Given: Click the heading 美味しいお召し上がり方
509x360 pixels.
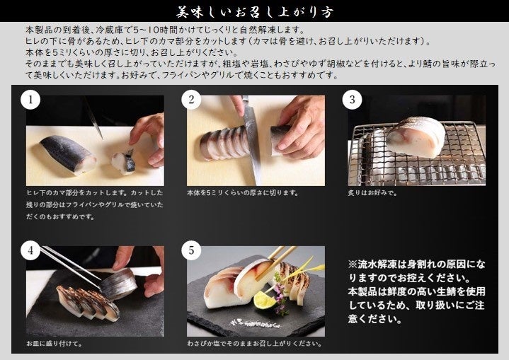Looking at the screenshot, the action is tap(255, 11).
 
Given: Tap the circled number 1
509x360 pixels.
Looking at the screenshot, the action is tap(30, 100).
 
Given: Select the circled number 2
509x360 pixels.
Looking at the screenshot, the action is tap(191, 100).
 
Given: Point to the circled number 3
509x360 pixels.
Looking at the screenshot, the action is tap(353, 100).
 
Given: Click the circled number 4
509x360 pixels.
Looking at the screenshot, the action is tap(30, 250).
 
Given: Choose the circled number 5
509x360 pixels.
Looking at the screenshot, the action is tap(191, 250).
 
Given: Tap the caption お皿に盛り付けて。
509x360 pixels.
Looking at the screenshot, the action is tap(55, 344).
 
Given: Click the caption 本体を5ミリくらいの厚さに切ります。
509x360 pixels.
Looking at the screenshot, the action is tap(243, 193).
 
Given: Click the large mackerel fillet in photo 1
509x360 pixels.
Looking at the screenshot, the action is tap(68, 154).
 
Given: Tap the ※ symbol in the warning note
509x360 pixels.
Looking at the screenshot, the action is tap(353, 265).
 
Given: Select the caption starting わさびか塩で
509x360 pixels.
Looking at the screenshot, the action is tap(255, 344).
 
